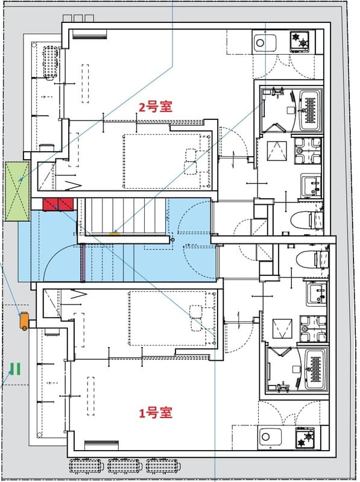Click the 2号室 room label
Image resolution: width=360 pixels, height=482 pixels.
(x=156, y=107)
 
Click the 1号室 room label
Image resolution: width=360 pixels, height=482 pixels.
(x=156, y=413)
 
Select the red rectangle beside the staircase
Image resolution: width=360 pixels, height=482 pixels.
(x=58, y=204)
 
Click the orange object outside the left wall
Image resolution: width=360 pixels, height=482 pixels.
(x=24, y=321)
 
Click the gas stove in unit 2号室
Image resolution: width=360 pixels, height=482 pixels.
(x=300, y=42)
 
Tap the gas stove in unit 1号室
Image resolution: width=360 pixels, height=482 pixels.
(x=305, y=437)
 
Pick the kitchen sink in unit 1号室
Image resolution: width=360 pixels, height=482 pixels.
(x=266, y=436)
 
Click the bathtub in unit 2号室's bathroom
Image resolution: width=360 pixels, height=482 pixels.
(x=311, y=109)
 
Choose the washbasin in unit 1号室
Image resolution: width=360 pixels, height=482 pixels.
(x=314, y=293)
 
